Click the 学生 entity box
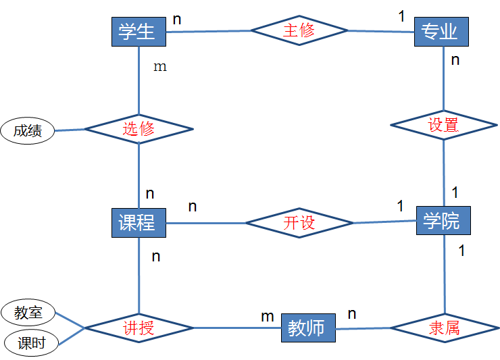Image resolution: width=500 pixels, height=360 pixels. [x=139, y=32]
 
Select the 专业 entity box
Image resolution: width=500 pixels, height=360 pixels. [x=441, y=32]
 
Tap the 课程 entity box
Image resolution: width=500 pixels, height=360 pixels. [x=139, y=222]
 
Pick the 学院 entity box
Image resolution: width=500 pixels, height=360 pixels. [x=441, y=220]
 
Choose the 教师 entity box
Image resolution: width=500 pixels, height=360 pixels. [x=307, y=329]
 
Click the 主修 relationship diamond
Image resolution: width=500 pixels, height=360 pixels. [x=299, y=30]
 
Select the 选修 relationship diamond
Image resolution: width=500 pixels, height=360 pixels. [x=139, y=128]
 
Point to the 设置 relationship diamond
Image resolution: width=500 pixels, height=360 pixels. [x=443, y=124]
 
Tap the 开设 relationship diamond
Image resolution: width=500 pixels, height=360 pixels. [x=299, y=223]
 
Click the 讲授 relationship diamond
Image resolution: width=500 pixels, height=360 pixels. [x=139, y=328]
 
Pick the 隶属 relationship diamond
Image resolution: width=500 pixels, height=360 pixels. [x=444, y=329]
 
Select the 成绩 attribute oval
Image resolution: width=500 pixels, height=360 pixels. [x=28, y=130]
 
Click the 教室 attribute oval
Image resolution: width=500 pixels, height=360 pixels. [x=28, y=313]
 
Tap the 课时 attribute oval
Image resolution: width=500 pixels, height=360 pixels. [x=31, y=343]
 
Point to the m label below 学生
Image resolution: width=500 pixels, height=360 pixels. [x=160, y=67]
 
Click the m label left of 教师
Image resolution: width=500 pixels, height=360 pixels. [x=268, y=315]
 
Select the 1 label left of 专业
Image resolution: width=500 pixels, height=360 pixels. [x=401, y=16]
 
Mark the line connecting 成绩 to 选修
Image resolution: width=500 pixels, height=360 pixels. [x=70, y=129]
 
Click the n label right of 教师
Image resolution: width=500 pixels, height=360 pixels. [x=351, y=314]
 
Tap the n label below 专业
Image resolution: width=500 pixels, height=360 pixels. [x=455, y=60]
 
